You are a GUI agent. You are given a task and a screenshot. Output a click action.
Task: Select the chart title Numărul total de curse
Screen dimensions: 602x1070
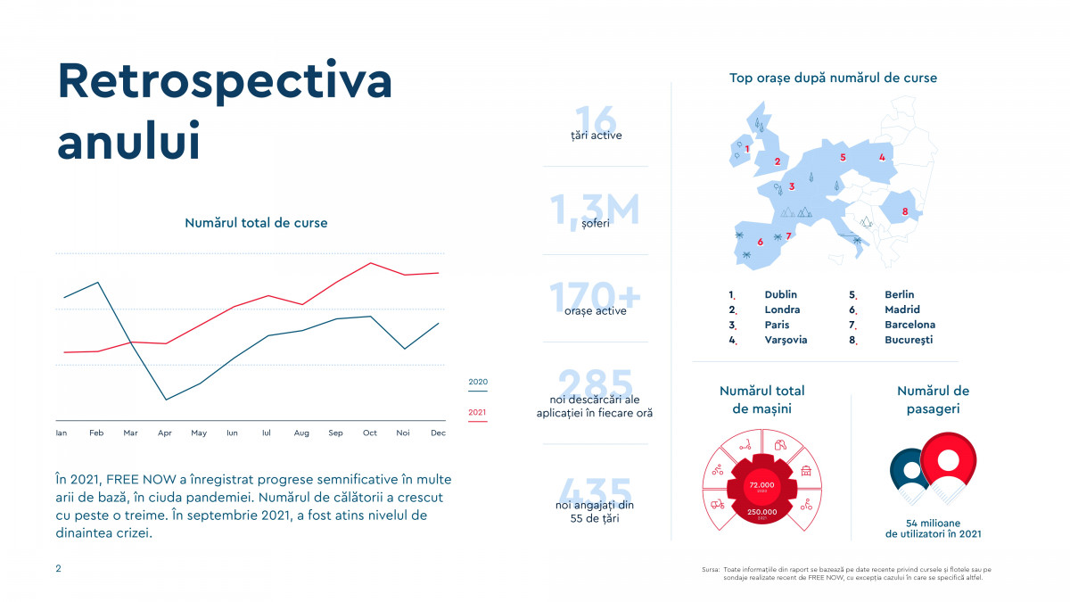click(256, 223)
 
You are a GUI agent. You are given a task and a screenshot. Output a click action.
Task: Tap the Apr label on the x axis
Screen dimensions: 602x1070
click(164, 433)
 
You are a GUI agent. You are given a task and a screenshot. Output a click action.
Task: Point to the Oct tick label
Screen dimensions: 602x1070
click(370, 433)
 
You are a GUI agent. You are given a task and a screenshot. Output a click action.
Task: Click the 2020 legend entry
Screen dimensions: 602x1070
click(478, 382)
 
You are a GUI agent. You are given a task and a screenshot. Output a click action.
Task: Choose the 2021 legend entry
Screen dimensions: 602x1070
click(478, 412)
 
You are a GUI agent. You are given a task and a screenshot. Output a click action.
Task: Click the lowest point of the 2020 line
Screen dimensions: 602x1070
click(165, 400)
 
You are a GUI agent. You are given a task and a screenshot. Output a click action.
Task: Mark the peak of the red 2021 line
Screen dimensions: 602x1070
click(370, 263)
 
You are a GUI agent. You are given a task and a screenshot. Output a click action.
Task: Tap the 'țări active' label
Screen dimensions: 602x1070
click(596, 136)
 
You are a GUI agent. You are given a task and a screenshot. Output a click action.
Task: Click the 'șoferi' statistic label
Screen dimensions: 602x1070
click(596, 224)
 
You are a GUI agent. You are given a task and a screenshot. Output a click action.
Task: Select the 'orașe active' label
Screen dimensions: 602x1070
click(596, 311)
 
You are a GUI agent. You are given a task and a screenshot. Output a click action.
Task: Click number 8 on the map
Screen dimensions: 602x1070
click(905, 211)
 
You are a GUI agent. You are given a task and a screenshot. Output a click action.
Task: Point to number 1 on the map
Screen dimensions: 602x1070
click(747, 149)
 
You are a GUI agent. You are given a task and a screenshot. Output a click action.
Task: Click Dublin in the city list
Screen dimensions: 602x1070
click(780, 294)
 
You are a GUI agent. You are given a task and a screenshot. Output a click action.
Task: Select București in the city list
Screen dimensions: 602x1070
click(909, 340)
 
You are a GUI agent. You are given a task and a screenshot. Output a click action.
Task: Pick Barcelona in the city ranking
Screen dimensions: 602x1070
click(909, 325)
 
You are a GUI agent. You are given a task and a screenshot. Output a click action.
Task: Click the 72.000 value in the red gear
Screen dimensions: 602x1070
click(755, 484)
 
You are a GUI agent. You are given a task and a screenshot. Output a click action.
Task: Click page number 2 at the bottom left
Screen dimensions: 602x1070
click(59, 568)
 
